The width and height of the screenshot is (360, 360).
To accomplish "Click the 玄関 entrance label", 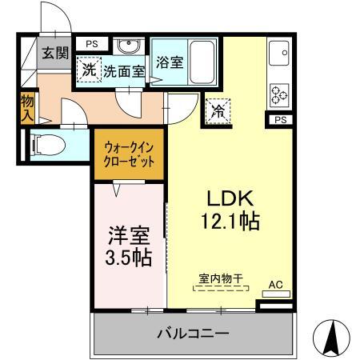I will (56, 54).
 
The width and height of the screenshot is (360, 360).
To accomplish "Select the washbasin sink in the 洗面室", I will (126, 46).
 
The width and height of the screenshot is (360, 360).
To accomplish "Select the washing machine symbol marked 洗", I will (89, 70).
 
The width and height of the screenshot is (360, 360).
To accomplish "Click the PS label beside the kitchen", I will (279, 120).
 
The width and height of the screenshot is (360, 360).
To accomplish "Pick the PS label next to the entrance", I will (92, 44).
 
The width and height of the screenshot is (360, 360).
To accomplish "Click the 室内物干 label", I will (221, 278).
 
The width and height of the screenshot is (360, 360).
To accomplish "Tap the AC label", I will (275, 285).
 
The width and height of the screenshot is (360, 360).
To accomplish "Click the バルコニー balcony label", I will (193, 331).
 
